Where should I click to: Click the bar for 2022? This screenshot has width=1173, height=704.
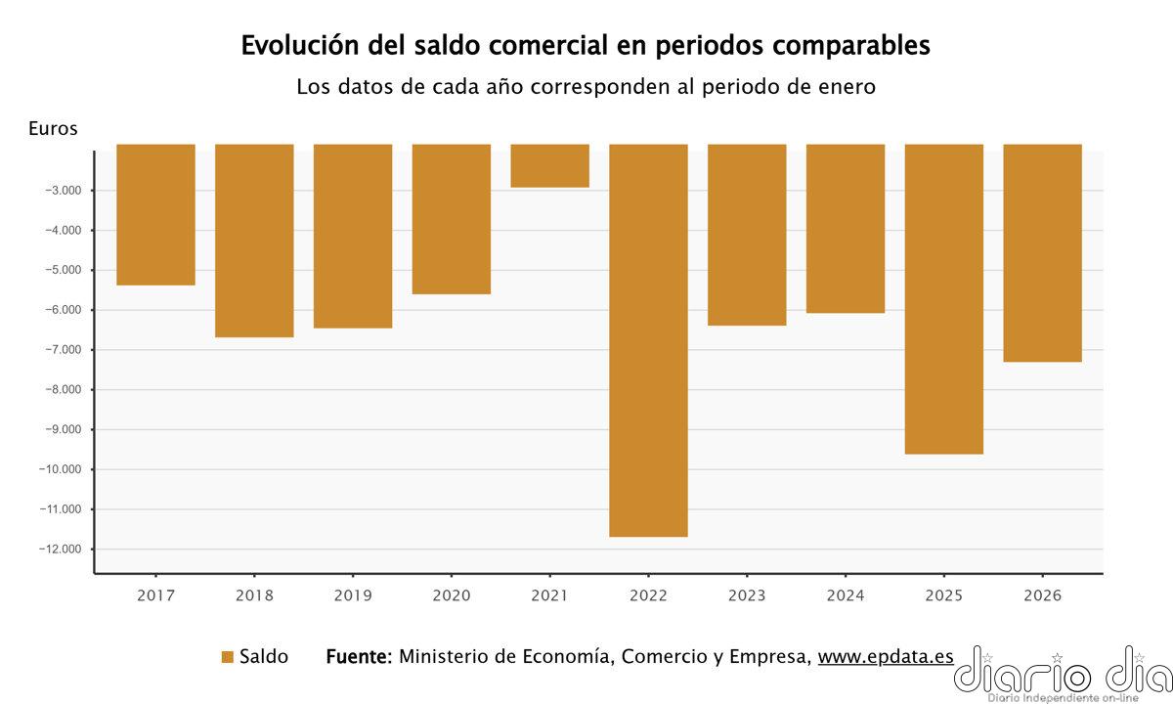648,340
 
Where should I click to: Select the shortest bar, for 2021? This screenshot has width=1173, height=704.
549,166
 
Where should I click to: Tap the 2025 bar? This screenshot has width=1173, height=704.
943,299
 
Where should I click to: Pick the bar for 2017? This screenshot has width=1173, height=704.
155,215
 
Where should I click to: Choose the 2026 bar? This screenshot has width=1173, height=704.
1042,253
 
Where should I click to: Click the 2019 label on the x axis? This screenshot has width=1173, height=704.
352,595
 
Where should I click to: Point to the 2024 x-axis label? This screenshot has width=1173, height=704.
845,595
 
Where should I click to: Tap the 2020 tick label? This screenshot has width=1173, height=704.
451,595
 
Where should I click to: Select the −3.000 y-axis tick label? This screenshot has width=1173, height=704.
63,191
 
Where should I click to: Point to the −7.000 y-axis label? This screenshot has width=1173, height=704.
63,350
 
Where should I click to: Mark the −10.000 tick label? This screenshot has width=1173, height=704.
59,469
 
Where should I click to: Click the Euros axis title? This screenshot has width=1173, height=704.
53,128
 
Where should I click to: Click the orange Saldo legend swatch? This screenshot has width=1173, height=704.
228,657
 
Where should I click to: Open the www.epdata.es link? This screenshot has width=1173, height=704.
886,657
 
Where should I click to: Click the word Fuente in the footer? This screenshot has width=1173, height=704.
358,657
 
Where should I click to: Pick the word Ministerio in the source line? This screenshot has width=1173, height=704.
445,657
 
